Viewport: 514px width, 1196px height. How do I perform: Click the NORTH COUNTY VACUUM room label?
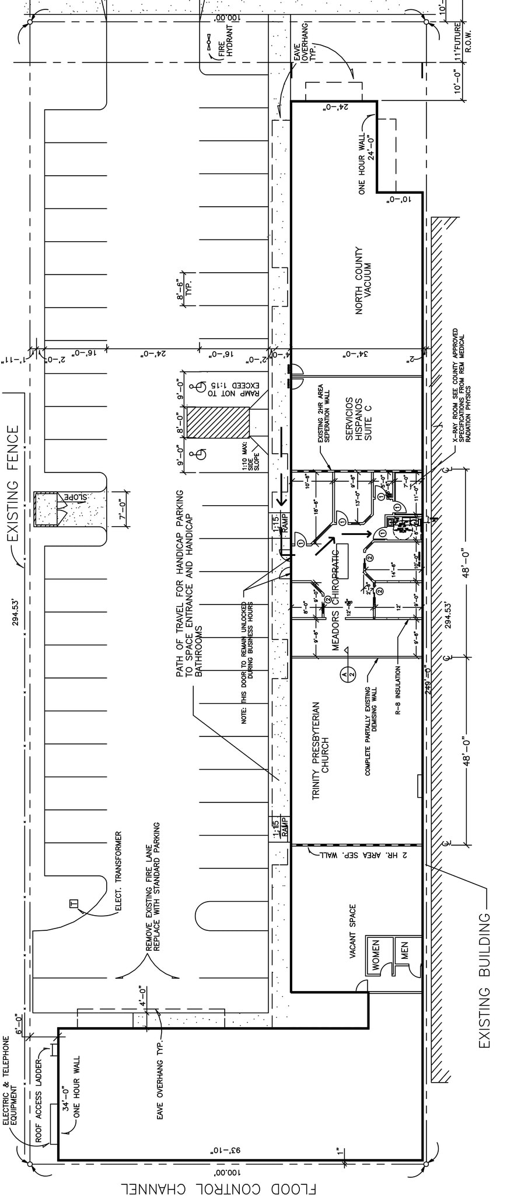(x=363, y=280)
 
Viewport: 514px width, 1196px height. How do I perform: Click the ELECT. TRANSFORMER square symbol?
(x=73, y=904)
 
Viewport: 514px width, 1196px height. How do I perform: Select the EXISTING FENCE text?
(x=13, y=484)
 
